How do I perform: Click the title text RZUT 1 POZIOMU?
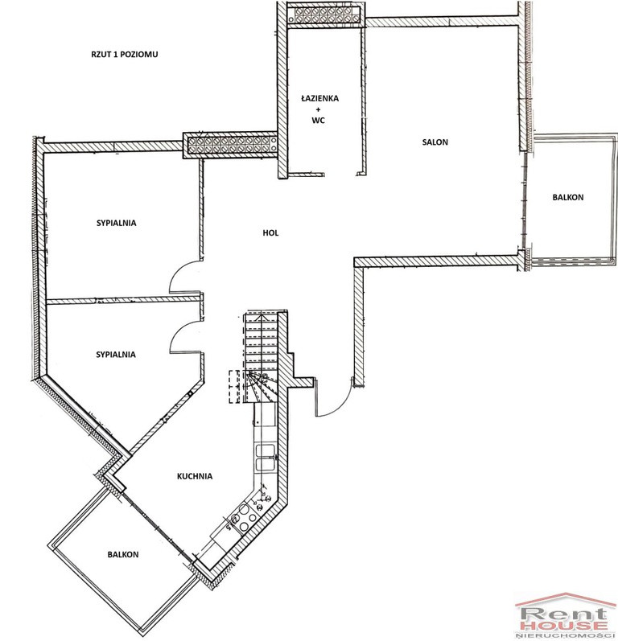click(125, 55)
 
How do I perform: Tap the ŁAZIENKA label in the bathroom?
click(319, 98)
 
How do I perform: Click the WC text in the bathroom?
click(318, 121)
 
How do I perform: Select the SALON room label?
click(435, 142)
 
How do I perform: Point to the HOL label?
click(270, 233)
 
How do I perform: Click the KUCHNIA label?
click(195, 476)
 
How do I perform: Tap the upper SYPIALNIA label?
click(116, 224)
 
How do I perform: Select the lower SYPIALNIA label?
click(116, 355)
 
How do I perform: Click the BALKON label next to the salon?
click(568, 198)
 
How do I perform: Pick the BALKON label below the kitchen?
click(123, 555)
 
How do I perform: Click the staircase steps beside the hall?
click(262, 356)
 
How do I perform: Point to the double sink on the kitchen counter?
click(266, 458)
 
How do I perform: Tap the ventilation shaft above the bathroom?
click(323, 15)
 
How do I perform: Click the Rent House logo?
click(566, 617)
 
